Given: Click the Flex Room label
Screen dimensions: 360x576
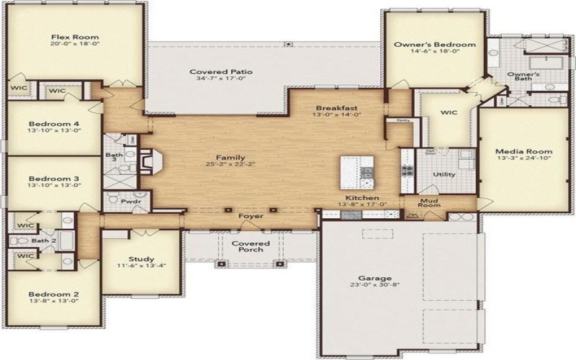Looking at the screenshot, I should click(x=74, y=37).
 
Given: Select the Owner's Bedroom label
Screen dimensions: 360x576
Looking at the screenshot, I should click(x=434, y=45).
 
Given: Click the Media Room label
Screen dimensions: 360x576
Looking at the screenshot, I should click(x=523, y=151).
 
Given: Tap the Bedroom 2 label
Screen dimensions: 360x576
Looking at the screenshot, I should click(x=53, y=294).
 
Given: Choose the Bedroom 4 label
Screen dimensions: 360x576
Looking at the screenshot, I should click(x=53, y=123).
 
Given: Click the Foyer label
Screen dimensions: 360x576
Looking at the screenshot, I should click(x=251, y=215).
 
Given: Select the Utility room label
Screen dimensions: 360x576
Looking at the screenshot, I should click(x=443, y=174).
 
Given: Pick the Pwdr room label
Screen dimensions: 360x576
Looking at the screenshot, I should click(x=130, y=202).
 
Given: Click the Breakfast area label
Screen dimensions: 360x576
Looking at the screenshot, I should click(x=336, y=108).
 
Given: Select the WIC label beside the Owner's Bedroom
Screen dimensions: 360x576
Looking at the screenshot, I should click(x=449, y=112).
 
